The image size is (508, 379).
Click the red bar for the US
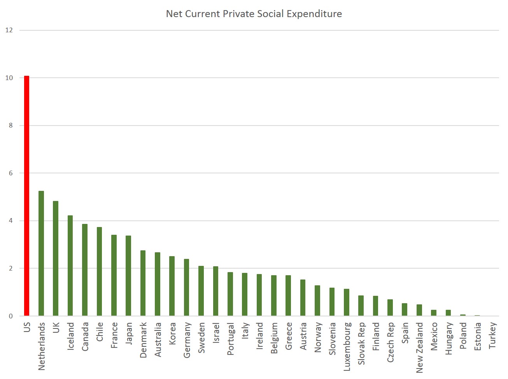[x=26, y=196]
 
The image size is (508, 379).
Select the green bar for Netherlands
[x=41, y=253]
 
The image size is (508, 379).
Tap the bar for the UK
[x=56, y=258]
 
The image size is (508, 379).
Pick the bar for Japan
[x=128, y=276]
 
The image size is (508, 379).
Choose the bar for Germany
[x=186, y=287]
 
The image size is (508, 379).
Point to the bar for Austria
[x=303, y=298]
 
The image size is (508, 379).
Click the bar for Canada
[x=85, y=270]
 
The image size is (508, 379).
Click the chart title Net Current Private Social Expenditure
[x=254, y=14]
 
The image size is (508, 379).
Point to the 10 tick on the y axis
[x=9, y=78]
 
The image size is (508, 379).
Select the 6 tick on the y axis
[x=11, y=173]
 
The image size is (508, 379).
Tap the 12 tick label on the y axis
[x=9, y=30]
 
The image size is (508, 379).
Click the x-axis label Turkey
[x=492, y=335]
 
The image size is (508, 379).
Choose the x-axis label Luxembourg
[x=347, y=346]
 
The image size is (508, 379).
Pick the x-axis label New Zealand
[x=419, y=348]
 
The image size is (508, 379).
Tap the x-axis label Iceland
[x=70, y=336]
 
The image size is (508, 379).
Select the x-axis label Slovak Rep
[x=361, y=343]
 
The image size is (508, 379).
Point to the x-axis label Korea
[x=172, y=333]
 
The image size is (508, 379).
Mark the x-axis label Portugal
[x=230, y=339]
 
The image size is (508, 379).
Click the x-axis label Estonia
[x=478, y=336]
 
